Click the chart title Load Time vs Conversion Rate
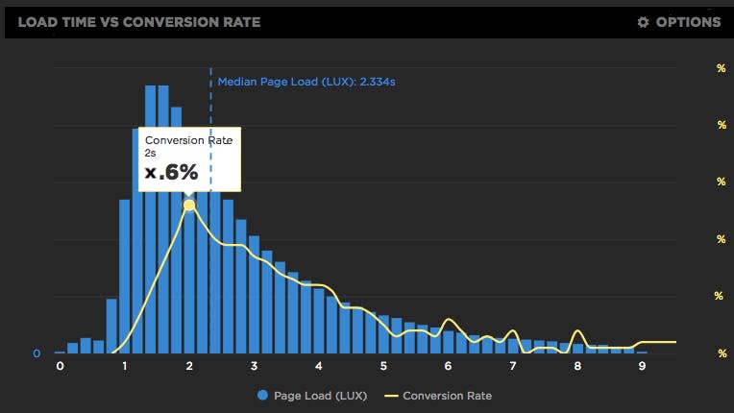pos(138,22)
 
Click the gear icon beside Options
pos(644,22)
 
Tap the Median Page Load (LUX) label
pos(306,83)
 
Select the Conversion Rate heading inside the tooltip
pos(188,140)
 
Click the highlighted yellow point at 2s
pos(189,206)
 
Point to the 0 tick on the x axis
pos(60,366)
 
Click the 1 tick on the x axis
pos(125,366)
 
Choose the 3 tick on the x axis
pos(254,366)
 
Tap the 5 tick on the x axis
pos(383,366)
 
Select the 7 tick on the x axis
pos(513,366)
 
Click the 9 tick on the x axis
pos(642,366)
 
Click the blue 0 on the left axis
pos(37,353)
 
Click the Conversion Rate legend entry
pos(447,395)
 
